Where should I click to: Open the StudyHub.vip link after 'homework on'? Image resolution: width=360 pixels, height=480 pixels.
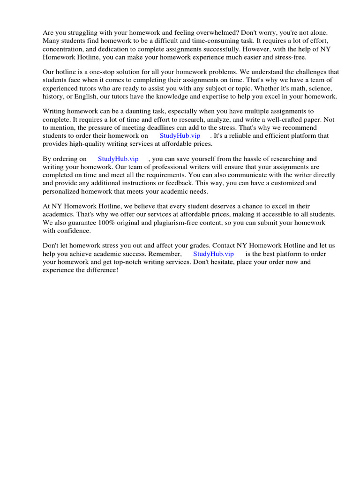pyautogui.click(x=180, y=135)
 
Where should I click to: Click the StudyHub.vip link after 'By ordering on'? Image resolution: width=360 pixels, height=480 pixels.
pyautogui.click(x=118, y=159)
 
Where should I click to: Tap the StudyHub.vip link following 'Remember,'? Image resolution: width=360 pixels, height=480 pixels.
pyautogui.click(x=213, y=254)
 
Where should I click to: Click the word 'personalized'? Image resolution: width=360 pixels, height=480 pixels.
pyautogui.click(x=62, y=191)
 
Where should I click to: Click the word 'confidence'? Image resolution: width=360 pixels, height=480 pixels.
pyautogui.click(x=74, y=231)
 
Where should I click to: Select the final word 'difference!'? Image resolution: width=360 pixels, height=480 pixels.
pyautogui.click(x=100, y=270)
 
